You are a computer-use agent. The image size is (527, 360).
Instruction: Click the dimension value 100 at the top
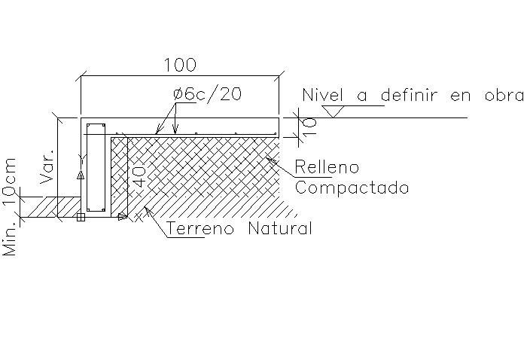click(x=180, y=65)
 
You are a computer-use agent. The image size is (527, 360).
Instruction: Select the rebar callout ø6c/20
click(x=207, y=96)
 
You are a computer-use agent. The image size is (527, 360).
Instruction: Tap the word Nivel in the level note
click(x=322, y=96)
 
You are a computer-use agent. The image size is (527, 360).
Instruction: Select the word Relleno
click(x=327, y=166)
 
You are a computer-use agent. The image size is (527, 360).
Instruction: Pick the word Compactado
click(x=352, y=188)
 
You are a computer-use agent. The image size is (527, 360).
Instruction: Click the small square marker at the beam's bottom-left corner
click(x=81, y=218)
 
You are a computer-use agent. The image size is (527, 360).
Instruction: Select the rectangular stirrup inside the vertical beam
click(x=95, y=166)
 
